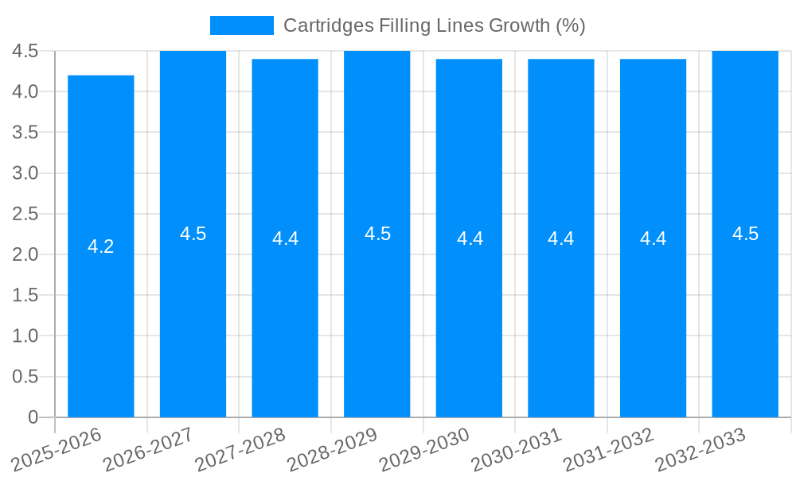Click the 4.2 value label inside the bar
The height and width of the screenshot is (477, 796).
click(101, 246)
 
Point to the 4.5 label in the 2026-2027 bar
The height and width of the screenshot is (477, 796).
click(193, 234)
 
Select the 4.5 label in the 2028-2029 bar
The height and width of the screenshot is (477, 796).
click(377, 234)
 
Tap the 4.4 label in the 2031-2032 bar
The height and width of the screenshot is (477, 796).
click(653, 238)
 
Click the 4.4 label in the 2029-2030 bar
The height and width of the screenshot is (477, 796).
click(470, 238)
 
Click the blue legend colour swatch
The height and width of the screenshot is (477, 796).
click(241, 25)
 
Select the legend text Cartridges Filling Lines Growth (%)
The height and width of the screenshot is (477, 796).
click(434, 25)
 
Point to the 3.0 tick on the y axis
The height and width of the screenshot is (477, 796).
click(25, 173)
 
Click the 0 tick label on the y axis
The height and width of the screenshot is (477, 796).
click(33, 417)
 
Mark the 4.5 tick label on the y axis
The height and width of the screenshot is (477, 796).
click(25, 51)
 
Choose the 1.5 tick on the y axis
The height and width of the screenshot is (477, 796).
click(25, 295)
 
